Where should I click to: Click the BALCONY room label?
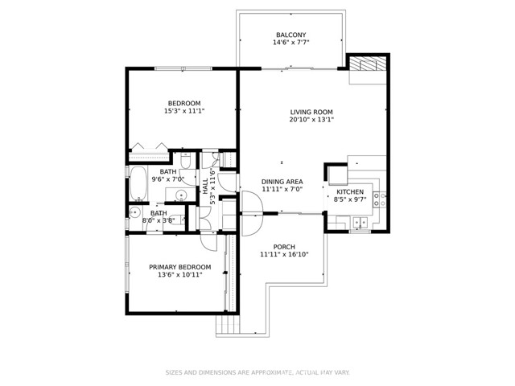pos(291,35)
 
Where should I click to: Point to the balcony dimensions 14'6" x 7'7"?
pos(291,43)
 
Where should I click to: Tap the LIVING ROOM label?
pos(311,112)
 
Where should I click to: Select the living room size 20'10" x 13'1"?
pos(311,120)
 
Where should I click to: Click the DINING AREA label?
pos(282,182)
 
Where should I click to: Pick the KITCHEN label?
pos(350,192)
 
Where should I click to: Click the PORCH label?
pos(284,247)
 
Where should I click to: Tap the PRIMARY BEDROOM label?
pos(180,267)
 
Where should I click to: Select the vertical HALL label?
pos(205,186)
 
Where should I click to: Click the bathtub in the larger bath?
pos(138,183)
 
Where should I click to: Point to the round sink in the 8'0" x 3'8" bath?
pos(134,212)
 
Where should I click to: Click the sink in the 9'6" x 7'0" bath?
pos(180,195)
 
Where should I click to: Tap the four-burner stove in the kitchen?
pos(379,200)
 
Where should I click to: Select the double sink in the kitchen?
pos(360,222)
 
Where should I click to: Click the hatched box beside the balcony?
pos(368,64)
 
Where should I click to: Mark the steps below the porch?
pos(227,326)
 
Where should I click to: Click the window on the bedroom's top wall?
pos(183,68)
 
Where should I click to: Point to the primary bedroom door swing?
pos(209,243)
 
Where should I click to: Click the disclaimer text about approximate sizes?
pos(257,372)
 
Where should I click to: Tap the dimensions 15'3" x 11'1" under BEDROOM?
pos(184,111)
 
